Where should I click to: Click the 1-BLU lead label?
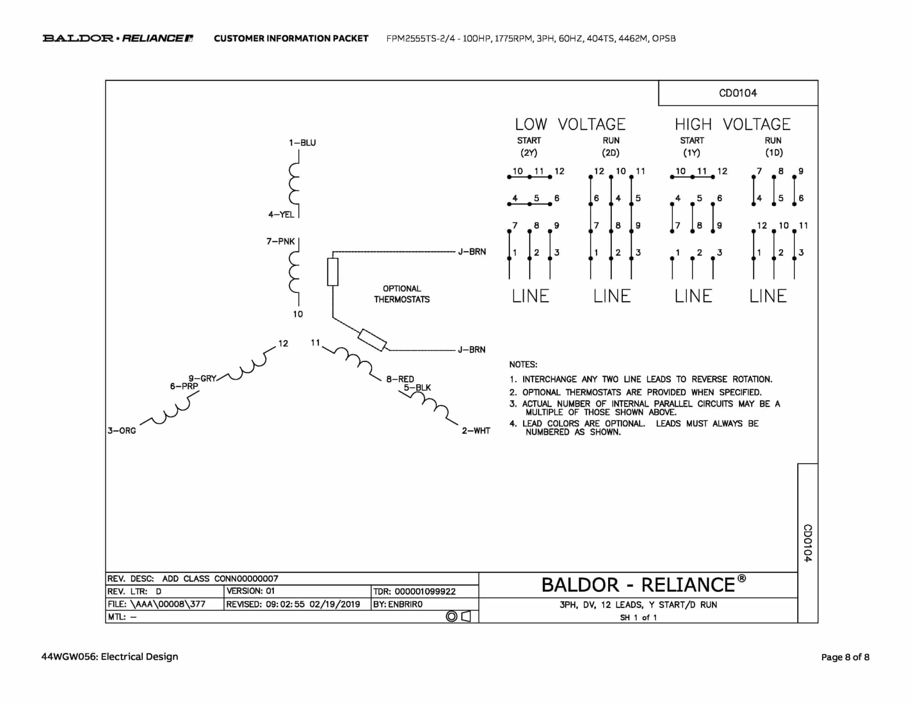coord(302,143)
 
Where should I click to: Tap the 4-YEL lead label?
coord(281,214)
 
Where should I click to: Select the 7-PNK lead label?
coord(280,241)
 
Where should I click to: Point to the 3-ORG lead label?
coord(121,431)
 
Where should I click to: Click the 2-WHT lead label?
coord(476,431)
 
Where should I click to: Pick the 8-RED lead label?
coord(400,379)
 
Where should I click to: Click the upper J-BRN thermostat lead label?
coord(472,252)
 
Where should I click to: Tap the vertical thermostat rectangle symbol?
coord(333,272)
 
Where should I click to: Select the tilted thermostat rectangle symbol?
coord(372,340)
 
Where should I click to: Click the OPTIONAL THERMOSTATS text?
coord(402,294)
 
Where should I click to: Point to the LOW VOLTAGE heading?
coord(570,124)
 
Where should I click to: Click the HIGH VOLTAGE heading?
coord(733,124)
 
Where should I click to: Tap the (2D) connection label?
coord(611,153)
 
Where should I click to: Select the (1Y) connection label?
coord(692,153)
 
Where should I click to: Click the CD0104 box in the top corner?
coord(738,93)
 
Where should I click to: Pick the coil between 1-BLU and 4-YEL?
coord(294,183)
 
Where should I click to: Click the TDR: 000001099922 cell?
coord(424,591)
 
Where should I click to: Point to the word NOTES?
coord(523,364)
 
